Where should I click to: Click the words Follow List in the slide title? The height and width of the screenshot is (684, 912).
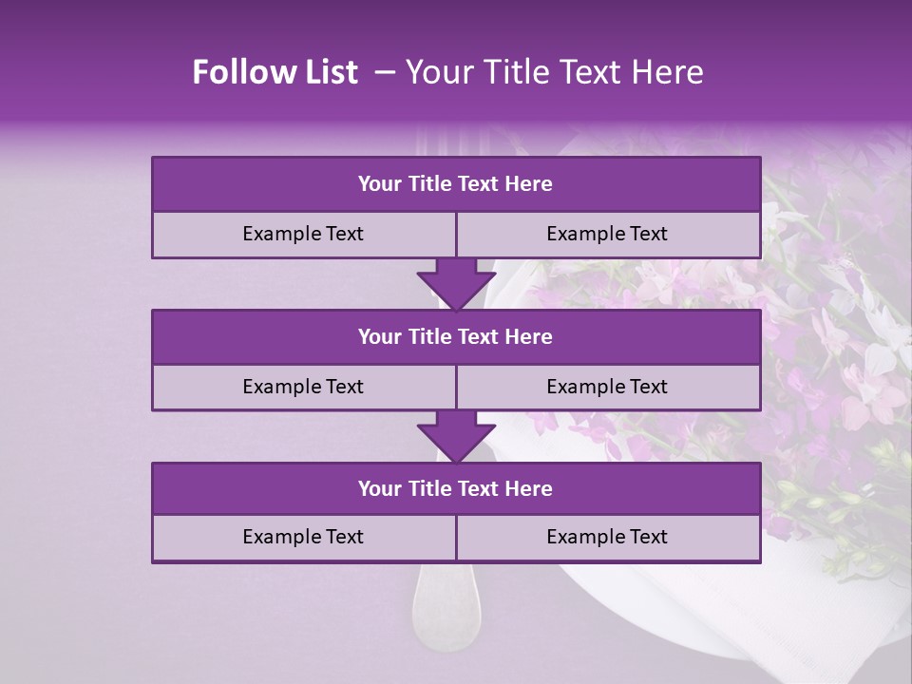[x=275, y=72]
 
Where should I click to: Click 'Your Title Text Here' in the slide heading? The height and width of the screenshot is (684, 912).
[x=554, y=72]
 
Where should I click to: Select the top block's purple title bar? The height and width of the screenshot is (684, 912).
[x=456, y=184]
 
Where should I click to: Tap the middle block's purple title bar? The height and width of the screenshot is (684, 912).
[x=456, y=336]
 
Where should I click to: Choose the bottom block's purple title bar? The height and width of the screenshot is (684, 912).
[x=456, y=488]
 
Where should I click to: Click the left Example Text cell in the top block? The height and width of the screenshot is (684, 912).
[x=303, y=234]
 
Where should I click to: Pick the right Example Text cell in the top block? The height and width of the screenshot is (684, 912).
[x=607, y=234]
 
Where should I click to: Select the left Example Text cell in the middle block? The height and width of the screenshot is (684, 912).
[x=303, y=387]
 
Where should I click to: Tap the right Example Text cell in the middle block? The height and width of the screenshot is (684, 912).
[x=607, y=387]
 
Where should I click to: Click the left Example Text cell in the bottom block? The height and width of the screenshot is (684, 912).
[x=303, y=537]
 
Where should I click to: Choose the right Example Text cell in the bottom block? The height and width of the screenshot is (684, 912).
[x=607, y=537]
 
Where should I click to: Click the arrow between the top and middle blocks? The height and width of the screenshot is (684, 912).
[x=456, y=283]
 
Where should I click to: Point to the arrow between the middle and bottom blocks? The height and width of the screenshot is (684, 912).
[x=456, y=436]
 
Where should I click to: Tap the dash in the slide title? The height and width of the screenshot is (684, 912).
[x=385, y=72]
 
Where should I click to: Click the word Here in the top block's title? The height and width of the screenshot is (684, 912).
[x=528, y=184]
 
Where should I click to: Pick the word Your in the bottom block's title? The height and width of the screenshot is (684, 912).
[x=379, y=488]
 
